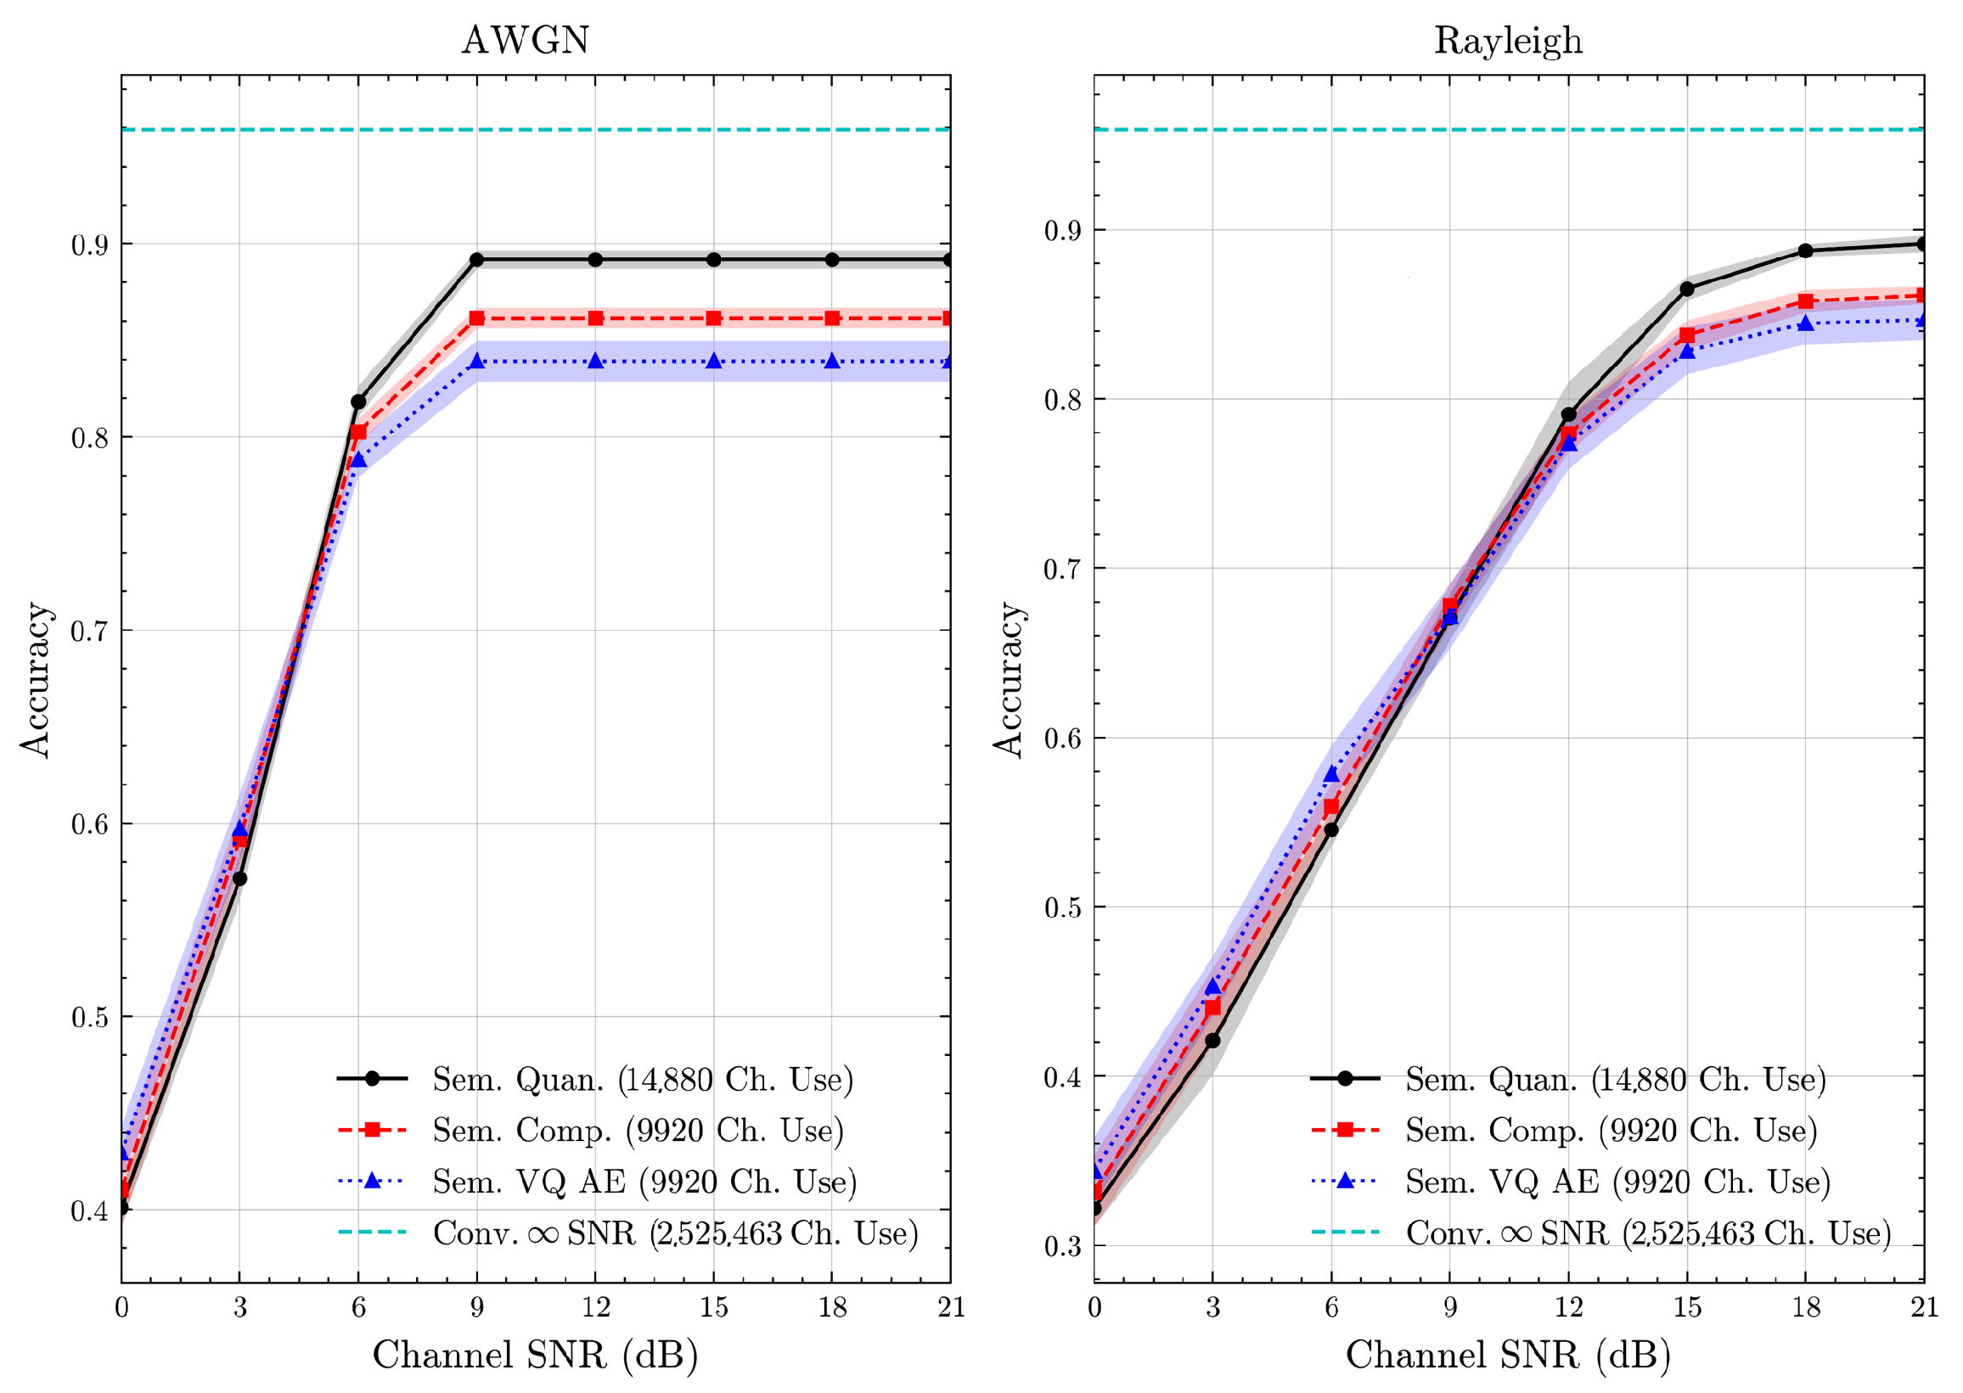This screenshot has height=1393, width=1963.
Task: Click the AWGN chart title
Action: click(525, 40)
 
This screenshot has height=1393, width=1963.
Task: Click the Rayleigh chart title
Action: click(1507, 40)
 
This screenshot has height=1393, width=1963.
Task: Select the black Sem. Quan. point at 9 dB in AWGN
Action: click(477, 260)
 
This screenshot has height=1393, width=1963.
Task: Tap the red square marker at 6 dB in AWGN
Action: click(358, 432)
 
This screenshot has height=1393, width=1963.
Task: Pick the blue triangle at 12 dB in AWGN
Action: click(595, 361)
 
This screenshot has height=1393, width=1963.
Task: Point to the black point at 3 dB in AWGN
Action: click(240, 879)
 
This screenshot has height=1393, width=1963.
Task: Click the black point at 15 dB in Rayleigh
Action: click(1687, 289)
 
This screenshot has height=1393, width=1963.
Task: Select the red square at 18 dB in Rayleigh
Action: click(1805, 301)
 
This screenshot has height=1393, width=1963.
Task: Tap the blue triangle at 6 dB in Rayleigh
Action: click(1331, 774)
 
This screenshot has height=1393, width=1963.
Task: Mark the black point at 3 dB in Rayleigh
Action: click(1212, 1041)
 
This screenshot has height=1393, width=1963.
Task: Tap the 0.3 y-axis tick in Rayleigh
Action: click(1061, 1246)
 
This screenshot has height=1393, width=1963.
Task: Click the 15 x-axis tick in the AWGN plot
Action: click(714, 1307)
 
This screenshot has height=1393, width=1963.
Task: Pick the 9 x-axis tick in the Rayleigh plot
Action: click(1450, 1307)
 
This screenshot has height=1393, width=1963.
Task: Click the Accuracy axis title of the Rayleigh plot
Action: click(1009, 679)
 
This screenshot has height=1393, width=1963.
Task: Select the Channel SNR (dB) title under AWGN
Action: click(536, 1356)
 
